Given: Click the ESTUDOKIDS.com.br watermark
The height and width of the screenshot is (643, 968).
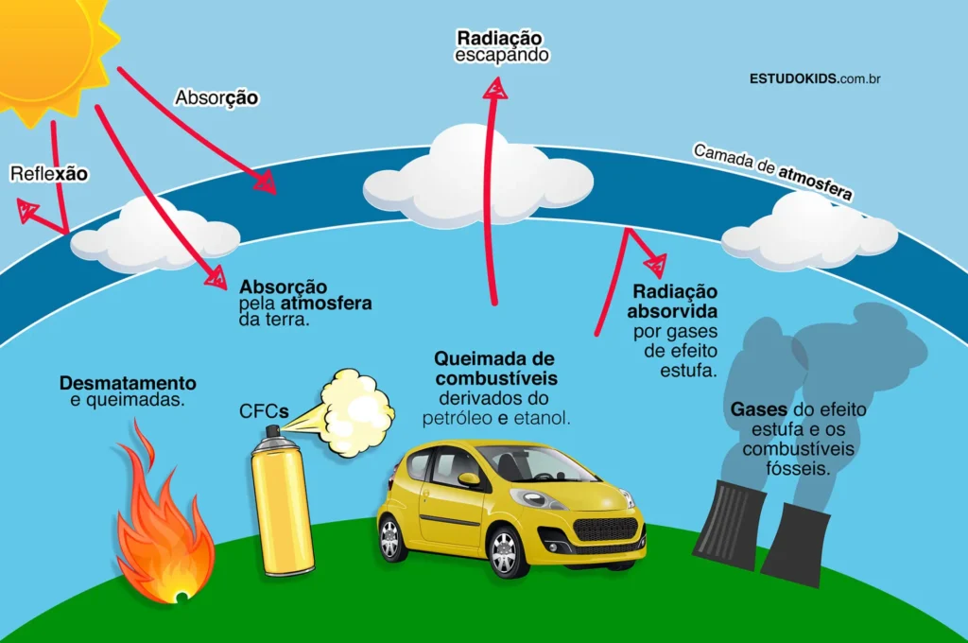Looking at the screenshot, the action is pos(815,79).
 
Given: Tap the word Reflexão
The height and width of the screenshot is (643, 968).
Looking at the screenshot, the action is pos(49,174).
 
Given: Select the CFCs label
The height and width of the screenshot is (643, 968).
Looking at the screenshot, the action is pos(264,411).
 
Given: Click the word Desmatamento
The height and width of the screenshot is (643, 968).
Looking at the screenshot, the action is pos(128,383).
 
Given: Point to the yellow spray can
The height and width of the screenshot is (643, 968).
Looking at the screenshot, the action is pos(282,499).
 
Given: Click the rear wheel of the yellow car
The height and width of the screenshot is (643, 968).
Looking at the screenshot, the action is pos(391,538).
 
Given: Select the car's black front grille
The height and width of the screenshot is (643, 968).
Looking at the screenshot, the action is pos(605,530).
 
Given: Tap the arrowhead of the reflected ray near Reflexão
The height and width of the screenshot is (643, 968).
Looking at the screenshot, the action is pos(26,209).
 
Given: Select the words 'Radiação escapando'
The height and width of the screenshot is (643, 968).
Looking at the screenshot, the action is pos(501,46).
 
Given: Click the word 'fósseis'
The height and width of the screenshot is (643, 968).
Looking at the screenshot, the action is pos(798,469).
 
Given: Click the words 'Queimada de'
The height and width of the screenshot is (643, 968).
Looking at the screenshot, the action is pos(493,358).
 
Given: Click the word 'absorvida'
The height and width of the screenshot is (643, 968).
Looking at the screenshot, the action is pos(672,311).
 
